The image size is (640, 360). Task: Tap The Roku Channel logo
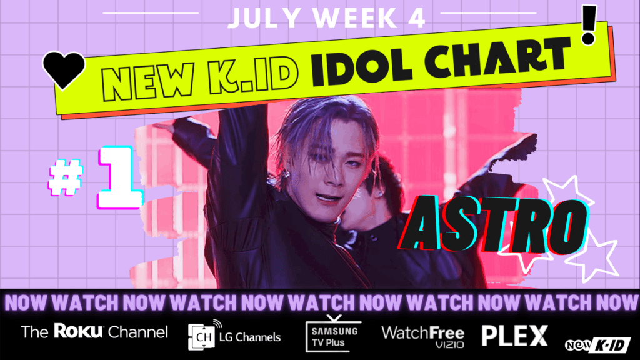[94, 332]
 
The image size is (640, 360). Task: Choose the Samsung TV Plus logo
[332, 332]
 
